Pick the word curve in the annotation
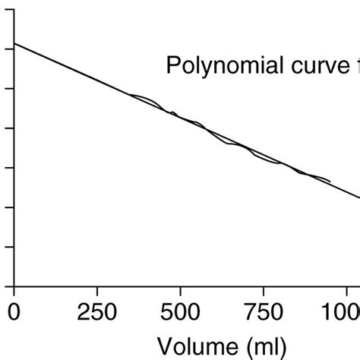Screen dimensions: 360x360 coord(319,67)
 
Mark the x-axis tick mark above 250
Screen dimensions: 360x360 coord(96,291)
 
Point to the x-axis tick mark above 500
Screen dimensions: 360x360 coord(180,291)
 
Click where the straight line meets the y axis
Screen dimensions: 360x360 coord(14,43)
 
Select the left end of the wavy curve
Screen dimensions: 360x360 coord(126,94)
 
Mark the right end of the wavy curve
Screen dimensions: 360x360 coord(330,182)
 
